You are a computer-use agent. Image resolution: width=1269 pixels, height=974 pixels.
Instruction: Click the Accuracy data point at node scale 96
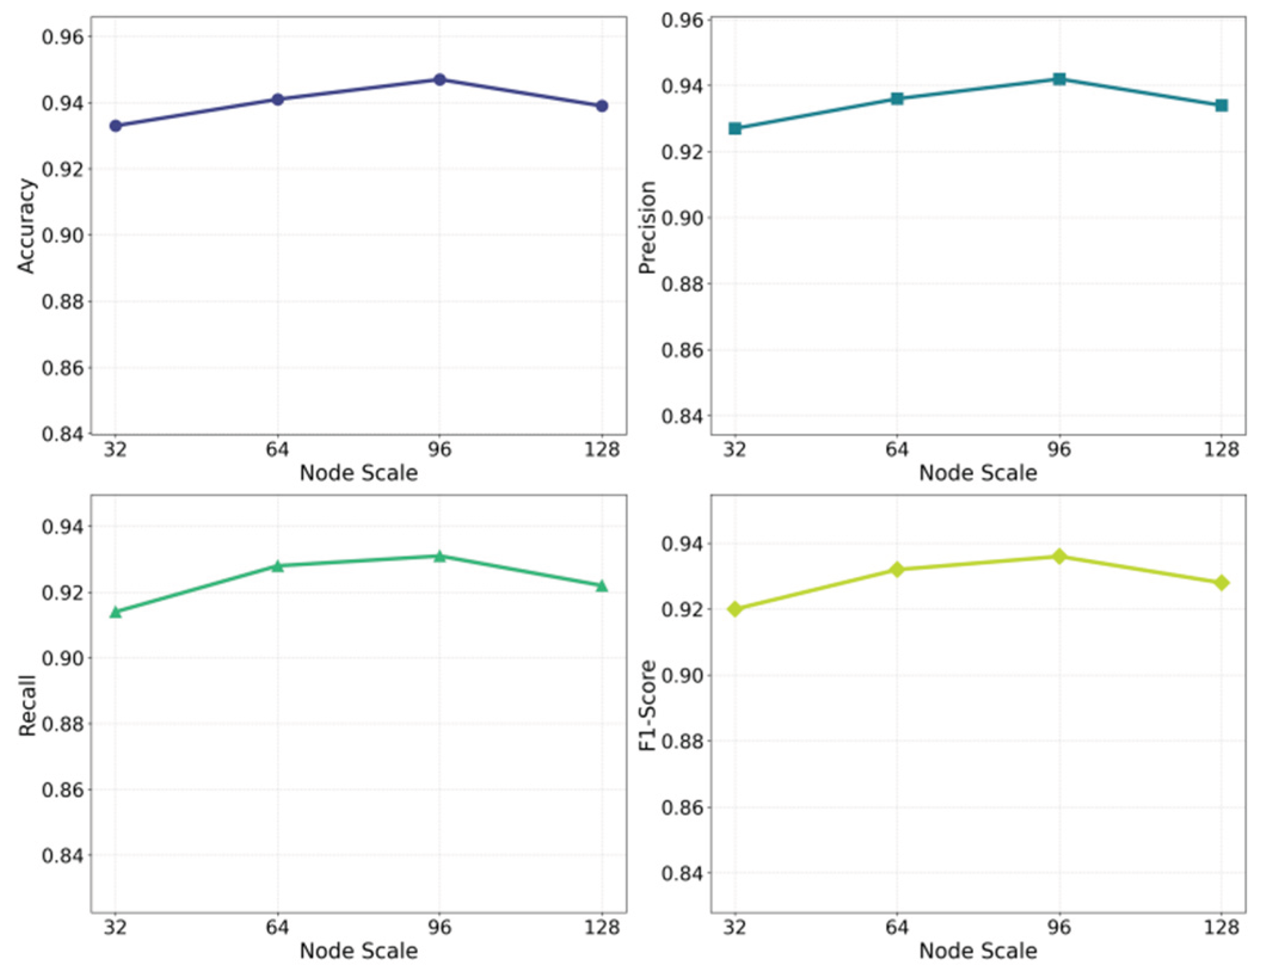[440, 79]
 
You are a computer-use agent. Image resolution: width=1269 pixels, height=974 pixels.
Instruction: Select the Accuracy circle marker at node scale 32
[116, 126]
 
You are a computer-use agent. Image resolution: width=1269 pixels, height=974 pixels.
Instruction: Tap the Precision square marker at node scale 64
[897, 98]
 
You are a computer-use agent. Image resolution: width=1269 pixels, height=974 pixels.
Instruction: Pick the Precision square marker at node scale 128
[1221, 106]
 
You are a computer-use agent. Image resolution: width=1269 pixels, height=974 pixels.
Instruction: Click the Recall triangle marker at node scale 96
[440, 556]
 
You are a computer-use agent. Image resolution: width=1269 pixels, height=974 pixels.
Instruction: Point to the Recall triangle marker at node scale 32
[116, 612]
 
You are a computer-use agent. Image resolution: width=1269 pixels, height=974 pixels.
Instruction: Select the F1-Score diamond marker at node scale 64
[897, 569]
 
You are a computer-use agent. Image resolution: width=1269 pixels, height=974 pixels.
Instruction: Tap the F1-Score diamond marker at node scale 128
[1221, 582]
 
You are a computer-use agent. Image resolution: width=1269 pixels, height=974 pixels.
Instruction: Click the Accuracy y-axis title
[26, 226]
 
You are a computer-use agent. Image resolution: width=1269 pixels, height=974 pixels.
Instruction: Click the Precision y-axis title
[647, 227]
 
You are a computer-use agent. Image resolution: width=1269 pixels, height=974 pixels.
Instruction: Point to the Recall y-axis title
[27, 705]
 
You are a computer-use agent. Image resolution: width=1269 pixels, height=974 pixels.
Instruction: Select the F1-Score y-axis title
[648, 705]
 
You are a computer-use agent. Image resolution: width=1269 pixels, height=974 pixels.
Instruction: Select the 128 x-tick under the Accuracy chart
[602, 449]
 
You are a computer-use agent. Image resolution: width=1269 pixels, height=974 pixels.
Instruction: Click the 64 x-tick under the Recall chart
[278, 927]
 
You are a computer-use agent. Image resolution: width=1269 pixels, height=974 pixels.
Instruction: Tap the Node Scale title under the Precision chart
[978, 473]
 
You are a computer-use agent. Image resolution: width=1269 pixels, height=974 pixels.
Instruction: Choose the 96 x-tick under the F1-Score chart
[1059, 927]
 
